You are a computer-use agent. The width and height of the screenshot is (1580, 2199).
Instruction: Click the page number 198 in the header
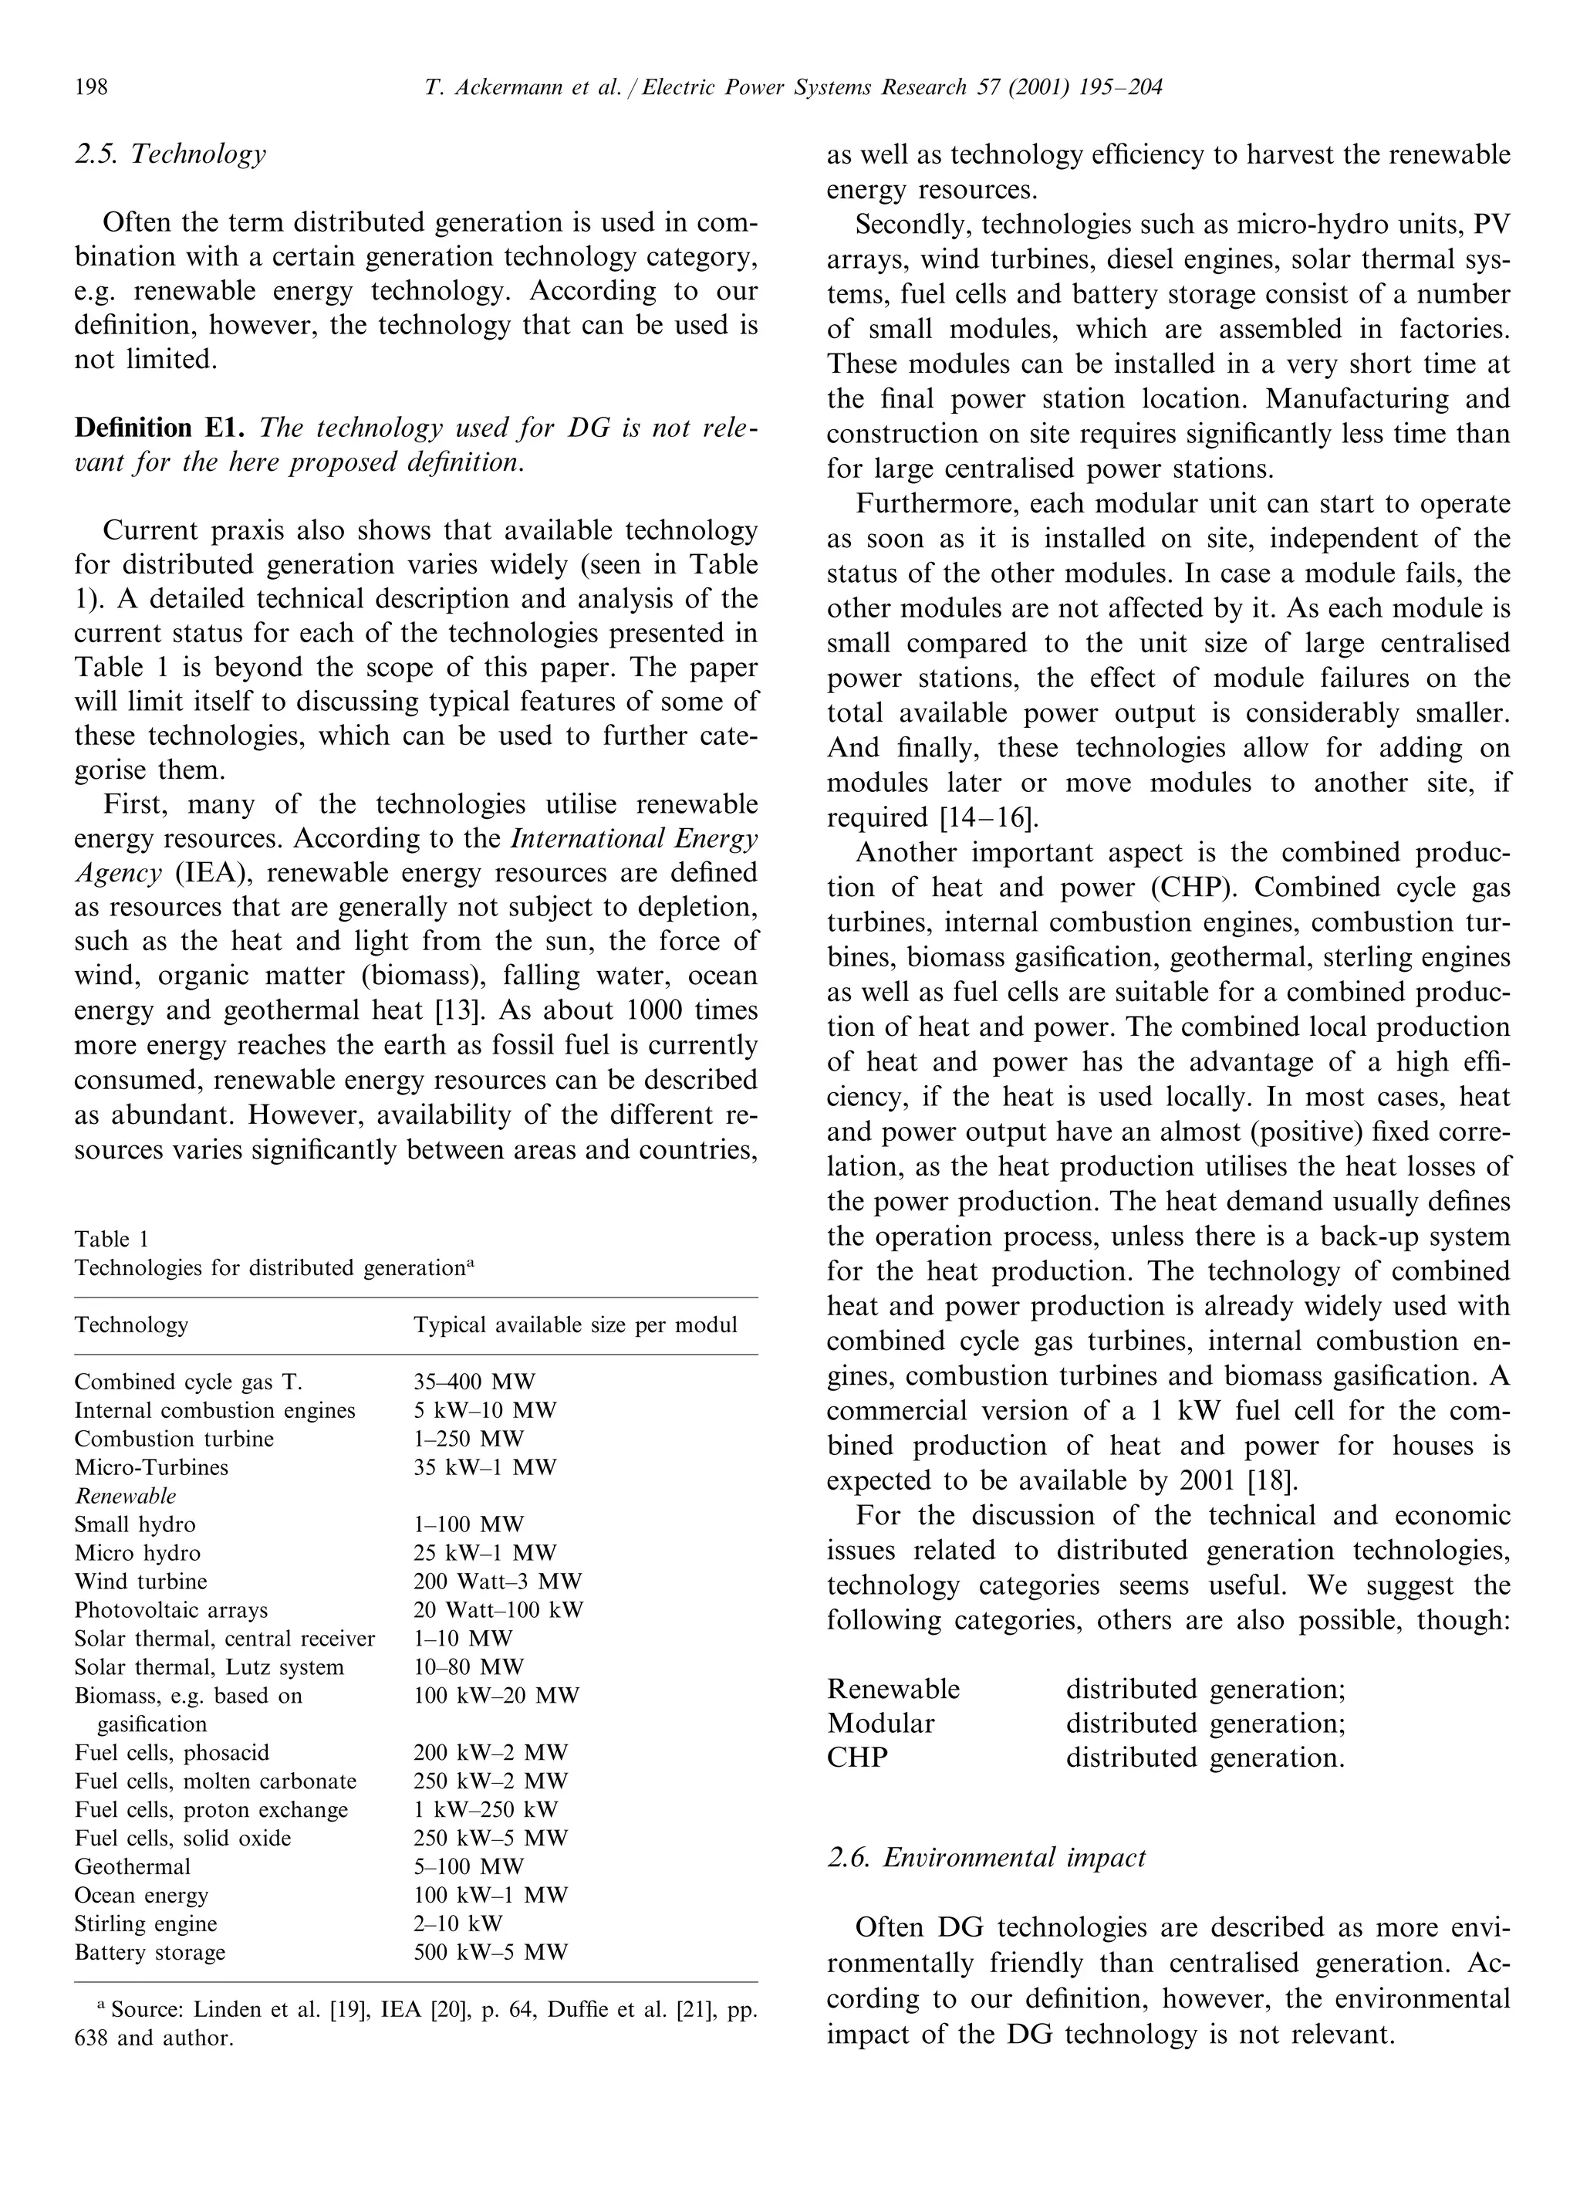[91, 88]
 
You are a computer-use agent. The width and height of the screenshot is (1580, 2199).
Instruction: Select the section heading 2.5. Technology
[170, 154]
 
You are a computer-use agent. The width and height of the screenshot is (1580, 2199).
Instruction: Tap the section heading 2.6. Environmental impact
[986, 1857]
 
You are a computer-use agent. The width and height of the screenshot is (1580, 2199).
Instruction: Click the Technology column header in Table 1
[131, 1324]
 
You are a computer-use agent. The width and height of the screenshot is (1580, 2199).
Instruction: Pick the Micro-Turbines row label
[151, 1467]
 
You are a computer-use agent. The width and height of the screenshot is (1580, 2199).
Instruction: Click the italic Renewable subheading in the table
[125, 1495]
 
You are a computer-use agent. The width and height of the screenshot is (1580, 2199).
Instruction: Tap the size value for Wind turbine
[498, 1582]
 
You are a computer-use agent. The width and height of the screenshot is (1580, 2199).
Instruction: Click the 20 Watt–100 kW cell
[498, 1609]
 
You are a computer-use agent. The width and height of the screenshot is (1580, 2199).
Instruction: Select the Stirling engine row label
[145, 1923]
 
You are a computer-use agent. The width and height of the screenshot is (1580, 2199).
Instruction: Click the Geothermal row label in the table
[132, 1866]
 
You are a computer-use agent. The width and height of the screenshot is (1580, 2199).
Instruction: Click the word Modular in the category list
[880, 1723]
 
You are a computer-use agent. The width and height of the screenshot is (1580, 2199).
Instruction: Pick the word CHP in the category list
[857, 1757]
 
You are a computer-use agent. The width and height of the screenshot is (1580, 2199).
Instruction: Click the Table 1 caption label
[111, 1239]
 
